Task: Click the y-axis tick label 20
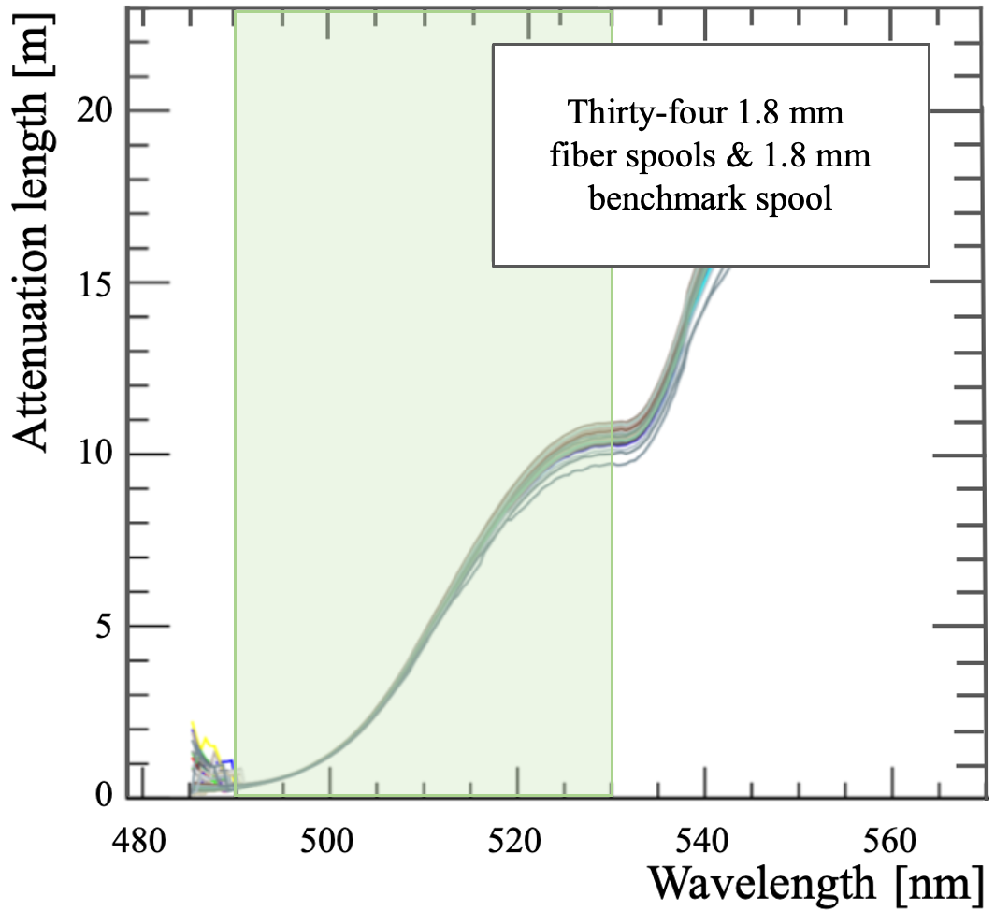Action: click(94, 110)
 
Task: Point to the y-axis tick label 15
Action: click(94, 283)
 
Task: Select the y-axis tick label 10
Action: click(94, 455)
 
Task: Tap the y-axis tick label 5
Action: click(103, 626)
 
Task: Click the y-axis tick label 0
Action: click(104, 794)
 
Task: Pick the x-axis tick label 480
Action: click(139, 842)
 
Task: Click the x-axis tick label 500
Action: click(326, 842)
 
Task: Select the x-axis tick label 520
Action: click(514, 842)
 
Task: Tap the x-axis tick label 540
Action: click(702, 842)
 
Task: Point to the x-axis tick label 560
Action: click(890, 842)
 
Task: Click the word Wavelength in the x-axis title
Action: click(763, 884)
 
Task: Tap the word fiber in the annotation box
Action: click(584, 155)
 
